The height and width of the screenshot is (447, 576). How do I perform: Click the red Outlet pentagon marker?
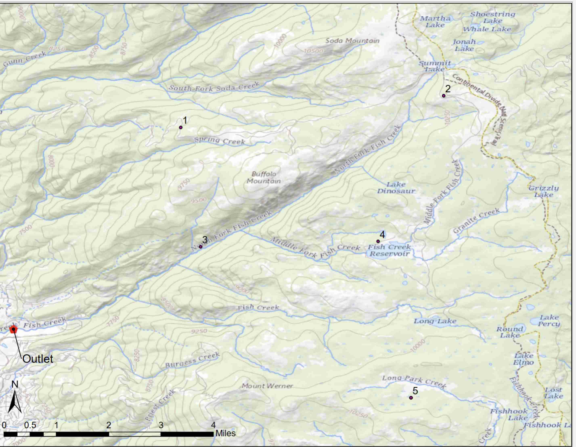(x=13, y=329)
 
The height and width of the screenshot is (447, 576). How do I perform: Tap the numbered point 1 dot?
(x=181, y=127)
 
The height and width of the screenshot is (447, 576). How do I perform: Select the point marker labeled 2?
(x=444, y=96)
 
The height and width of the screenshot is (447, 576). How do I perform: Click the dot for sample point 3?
(x=200, y=247)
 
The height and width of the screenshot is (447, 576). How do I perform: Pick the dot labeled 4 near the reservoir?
(x=378, y=241)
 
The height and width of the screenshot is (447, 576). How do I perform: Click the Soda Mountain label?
(x=352, y=41)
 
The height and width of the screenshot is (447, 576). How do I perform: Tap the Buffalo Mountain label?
(x=263, y=177)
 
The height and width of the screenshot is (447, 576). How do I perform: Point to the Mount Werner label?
(x=267, y=386)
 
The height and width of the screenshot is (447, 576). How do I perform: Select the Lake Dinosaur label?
(x=396, y=188)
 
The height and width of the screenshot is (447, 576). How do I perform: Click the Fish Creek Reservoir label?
(x=389, y=250)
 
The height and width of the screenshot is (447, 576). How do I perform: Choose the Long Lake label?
(x=435, y=321)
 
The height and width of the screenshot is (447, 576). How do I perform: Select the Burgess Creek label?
(x=192, y=360)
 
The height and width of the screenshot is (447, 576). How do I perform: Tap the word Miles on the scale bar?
(x=225, y=433)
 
